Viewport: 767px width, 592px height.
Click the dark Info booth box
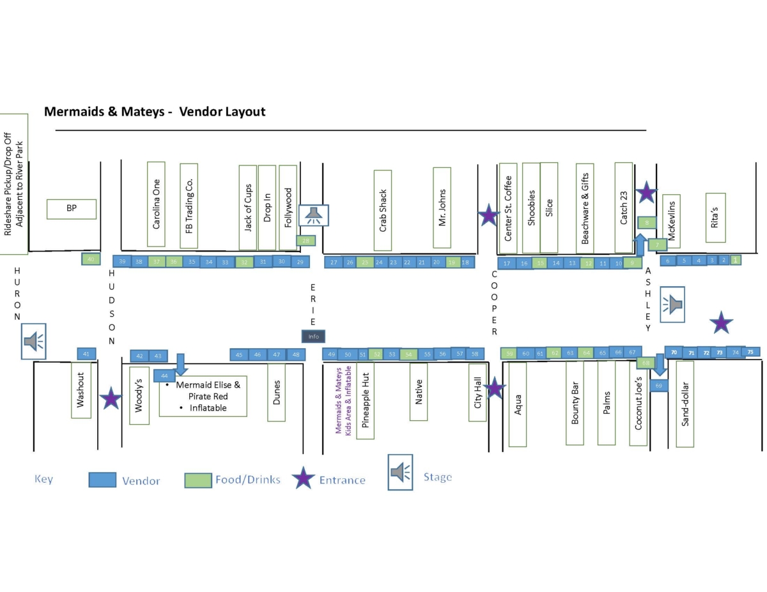pos(313,336)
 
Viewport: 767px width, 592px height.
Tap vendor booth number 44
pos(164,376)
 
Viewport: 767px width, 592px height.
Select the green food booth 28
pos(306,241)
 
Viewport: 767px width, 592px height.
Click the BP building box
pos(72,209)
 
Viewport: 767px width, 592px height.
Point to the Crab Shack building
pos(383,210)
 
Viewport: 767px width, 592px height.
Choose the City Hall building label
pos(477,393)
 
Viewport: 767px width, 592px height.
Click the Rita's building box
pos(715,218)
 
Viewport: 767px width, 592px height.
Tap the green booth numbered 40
pos(91,259)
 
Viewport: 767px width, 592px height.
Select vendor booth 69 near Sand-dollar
pos(658,386)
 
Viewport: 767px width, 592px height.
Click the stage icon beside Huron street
pos(34,342)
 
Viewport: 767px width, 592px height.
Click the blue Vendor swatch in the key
pos(102,480)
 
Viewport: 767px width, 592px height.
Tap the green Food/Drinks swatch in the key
pos(198,480)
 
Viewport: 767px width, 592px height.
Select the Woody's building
pos(139,395)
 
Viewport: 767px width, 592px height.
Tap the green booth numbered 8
pos(647,222)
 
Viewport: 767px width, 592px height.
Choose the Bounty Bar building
pos(575,402)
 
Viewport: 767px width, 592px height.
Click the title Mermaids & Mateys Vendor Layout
pos(154,112)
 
